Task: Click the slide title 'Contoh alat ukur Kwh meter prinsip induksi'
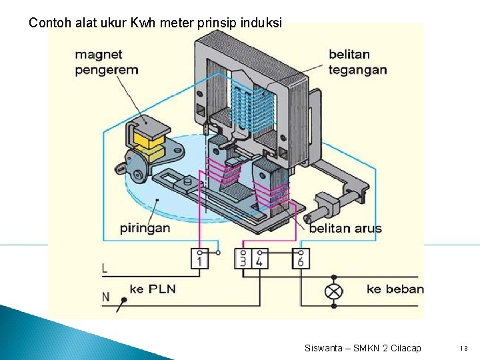click(x=155, y=23)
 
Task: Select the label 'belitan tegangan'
click(x=358, y=62)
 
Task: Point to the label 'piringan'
click(x=145, y=227)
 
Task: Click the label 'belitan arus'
click(x=345, y=229)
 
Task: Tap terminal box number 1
click(x=201, y=259)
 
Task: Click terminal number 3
click(x=243, y=259)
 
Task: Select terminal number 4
click(x=259, y=259)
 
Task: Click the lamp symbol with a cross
click(x=333, y=291)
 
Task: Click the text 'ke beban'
click(x=395, y=289)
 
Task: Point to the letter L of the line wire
click(x=105, y=269)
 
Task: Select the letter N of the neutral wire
click(x=105, y=297)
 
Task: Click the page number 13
click(x=464, y=348)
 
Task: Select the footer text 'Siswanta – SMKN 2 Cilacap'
click(x=363, y=348)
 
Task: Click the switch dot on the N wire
click(x=123, y=301)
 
